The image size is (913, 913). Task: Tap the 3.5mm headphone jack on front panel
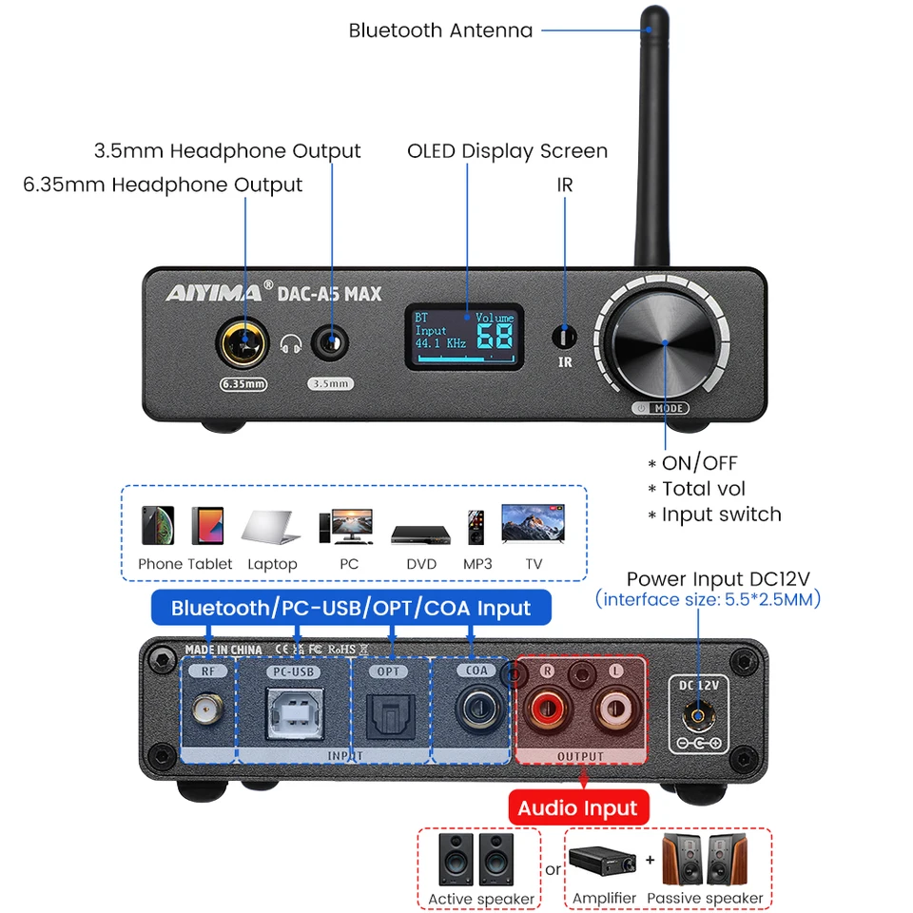point(331,342)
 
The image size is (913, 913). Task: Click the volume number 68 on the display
point(494,336)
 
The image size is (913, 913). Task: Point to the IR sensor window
point(565,337)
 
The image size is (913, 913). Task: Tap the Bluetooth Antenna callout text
point(440,30)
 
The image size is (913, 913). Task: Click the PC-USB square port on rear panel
point(293,710)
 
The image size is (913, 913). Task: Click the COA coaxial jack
point(476,709)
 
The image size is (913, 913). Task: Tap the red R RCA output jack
point(548,710)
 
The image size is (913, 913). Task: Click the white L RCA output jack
point(613,710)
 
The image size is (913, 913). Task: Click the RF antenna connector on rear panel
point(203,710)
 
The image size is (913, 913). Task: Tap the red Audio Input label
point(577,808)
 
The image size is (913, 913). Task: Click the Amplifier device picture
point(604,863)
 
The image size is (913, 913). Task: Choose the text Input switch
point(721,515)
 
